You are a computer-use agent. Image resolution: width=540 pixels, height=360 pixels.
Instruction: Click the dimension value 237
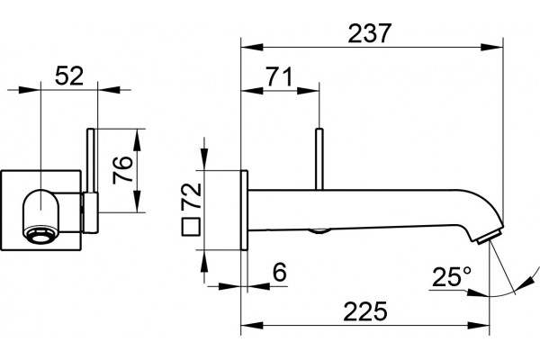[x=370, y=33]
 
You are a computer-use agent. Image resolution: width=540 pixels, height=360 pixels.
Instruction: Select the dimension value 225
[x=365, y=311]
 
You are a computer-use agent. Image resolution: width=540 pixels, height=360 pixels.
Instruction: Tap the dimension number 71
[x=279, y=76]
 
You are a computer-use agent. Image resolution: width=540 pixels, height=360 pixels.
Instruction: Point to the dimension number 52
[x=69, y=76]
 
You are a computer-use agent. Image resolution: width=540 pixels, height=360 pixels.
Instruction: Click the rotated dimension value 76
[x=122, y=170]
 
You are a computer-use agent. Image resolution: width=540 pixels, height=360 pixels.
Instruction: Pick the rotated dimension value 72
[x=192, y=195]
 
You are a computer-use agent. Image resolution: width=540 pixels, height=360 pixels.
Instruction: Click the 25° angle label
[x=452, y=276]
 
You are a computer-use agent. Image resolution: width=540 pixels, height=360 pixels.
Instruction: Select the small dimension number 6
[x=279, y=272]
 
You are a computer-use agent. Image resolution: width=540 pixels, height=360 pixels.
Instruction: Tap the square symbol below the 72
[x=191, y=227]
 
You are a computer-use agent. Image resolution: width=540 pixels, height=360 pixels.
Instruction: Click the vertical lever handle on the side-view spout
[x=319, y=158]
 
